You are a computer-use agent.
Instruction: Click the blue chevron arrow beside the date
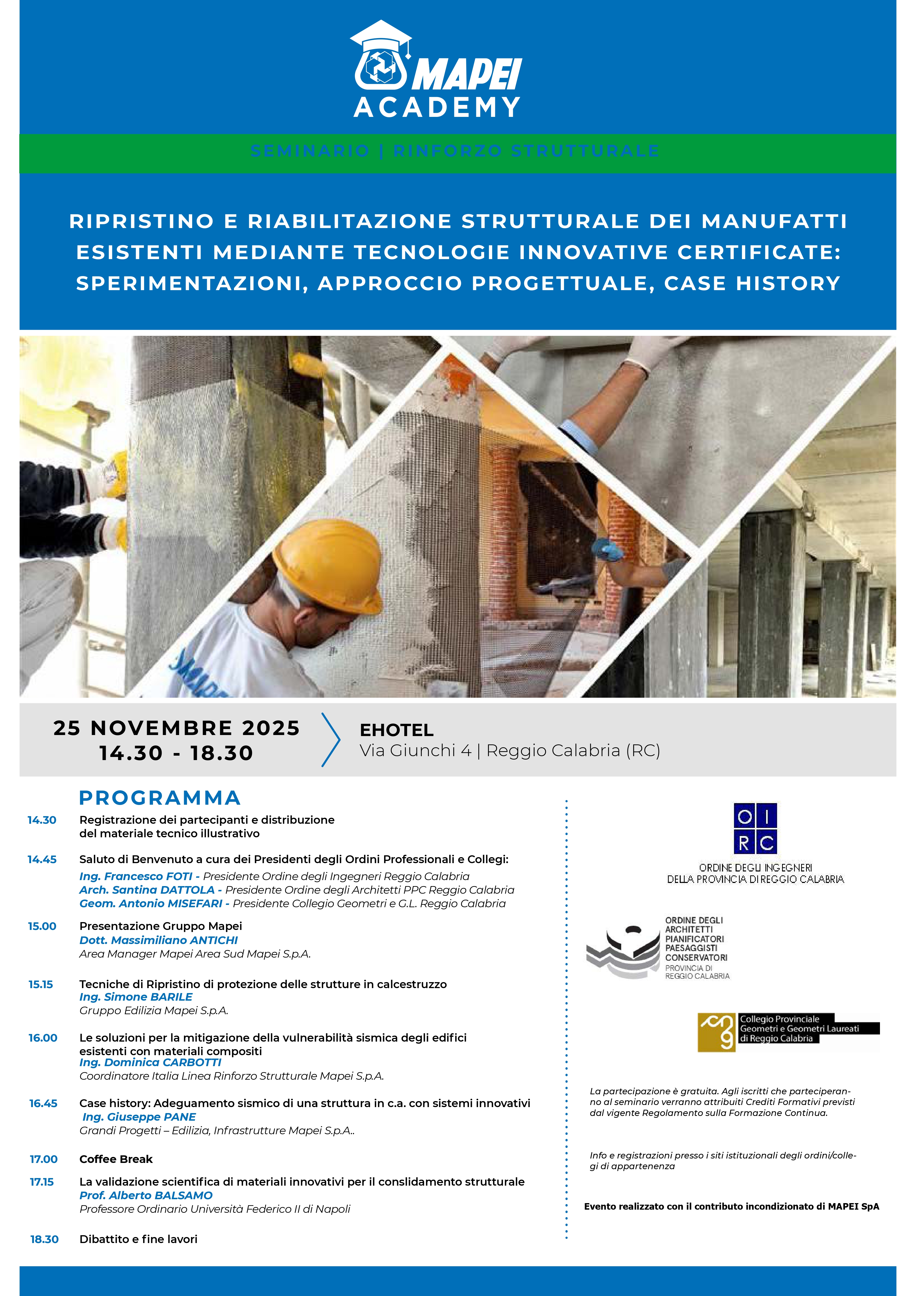(x=332, y=739)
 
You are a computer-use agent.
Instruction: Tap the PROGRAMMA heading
(x=160, y=798)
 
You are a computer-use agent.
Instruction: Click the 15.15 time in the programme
(x=41, y=984)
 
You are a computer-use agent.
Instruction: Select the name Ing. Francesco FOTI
(x=136, y=876)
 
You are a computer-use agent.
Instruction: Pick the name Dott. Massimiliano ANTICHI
(x=159, y=940)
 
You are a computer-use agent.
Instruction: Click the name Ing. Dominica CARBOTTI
(x=150, y=1062)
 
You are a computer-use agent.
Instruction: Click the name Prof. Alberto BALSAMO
(x=146, y=1196)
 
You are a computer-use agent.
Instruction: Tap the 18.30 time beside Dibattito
(x=44, y=1239)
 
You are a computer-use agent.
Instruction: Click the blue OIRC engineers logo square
(x=755, y=828)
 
